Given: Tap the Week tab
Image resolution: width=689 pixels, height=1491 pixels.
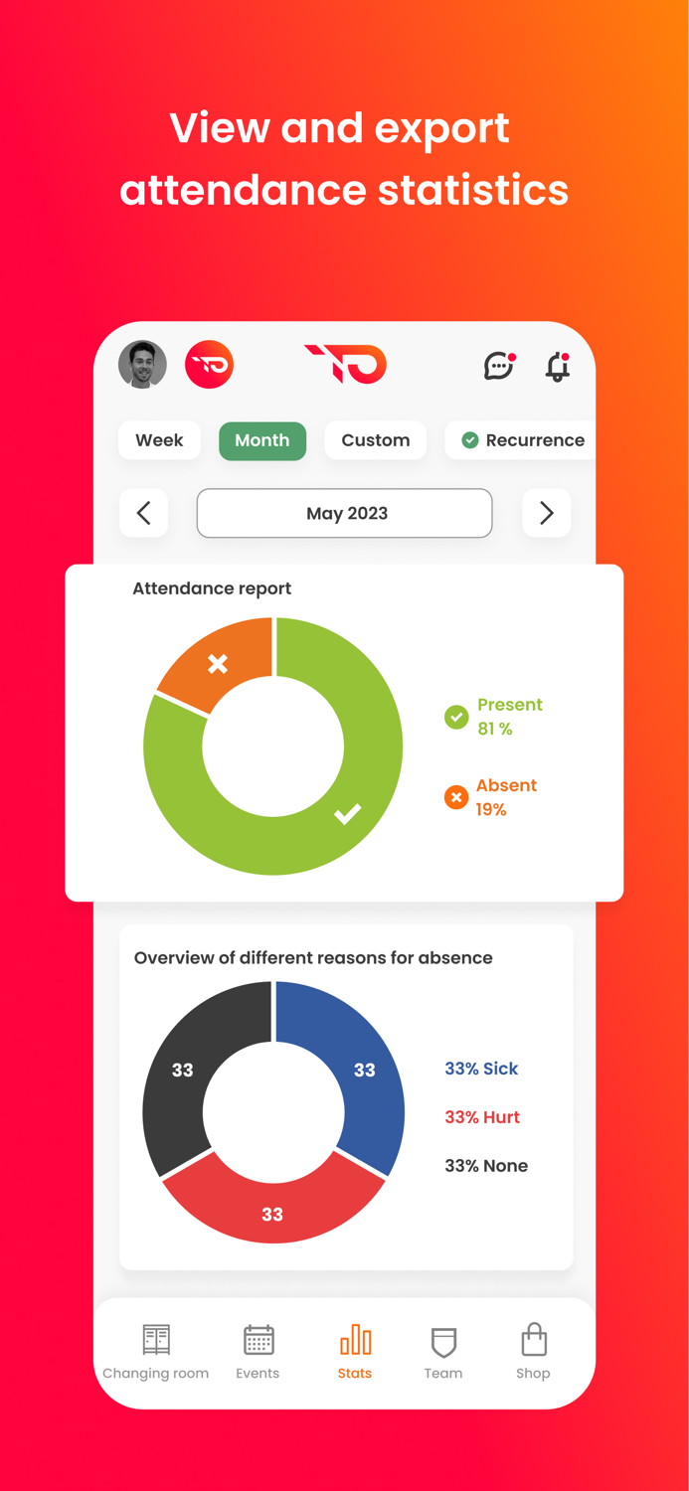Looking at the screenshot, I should click(159, 440).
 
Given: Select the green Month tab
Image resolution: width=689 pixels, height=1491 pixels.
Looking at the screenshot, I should click(262, 440).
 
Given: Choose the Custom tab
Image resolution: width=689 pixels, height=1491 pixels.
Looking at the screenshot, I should click(375, 440).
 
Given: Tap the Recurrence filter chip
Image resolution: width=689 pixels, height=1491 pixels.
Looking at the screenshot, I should click(523, 440).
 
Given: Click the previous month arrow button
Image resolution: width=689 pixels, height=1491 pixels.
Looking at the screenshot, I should click(144, 513).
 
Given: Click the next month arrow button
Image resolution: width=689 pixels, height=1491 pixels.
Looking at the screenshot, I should click(546, 513).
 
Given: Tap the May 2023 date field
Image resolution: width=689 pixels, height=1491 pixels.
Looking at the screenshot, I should click(344, 513).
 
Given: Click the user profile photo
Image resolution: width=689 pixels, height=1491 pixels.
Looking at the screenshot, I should click(142, 365).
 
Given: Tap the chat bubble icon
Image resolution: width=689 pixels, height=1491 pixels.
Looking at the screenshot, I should click(498, 366).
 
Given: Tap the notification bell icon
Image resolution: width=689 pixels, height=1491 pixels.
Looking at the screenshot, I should click(558, 366).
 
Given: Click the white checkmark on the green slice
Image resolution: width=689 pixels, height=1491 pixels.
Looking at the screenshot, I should click(347, 814).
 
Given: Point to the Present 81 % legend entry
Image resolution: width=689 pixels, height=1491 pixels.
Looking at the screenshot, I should click(493, 717).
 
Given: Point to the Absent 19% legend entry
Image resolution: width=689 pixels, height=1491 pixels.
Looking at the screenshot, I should click(491, 797).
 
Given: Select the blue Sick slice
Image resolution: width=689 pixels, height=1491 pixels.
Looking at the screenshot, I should click(365, 1070).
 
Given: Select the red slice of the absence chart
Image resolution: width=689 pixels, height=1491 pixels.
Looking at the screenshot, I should click(272, 1214).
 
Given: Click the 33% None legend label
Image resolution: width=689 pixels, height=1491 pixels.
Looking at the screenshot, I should click(486, 1166).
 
